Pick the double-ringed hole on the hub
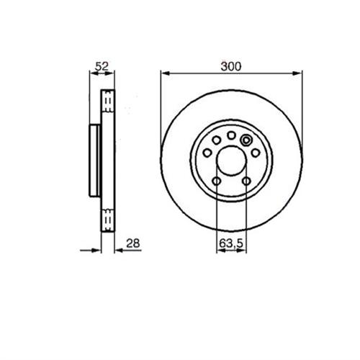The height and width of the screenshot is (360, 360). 246,140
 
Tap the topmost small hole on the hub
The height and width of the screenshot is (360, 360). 230,135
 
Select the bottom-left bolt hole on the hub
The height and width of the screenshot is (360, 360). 216,181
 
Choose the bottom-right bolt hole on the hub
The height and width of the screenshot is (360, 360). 246,181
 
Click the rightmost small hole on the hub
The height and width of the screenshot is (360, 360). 255,153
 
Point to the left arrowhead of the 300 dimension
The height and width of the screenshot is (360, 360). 163,72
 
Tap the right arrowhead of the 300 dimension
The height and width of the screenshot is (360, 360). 299,72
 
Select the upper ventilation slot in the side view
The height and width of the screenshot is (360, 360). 108,102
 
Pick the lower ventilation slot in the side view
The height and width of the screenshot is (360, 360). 108,218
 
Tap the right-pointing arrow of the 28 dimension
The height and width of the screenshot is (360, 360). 96,250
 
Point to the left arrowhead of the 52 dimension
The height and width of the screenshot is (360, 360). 90,72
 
